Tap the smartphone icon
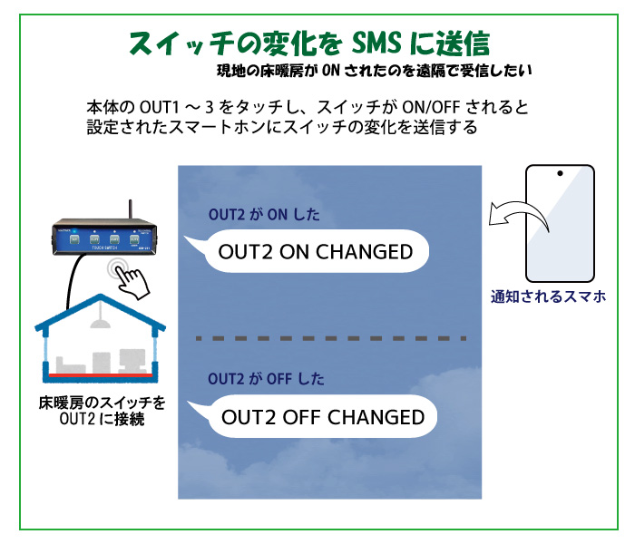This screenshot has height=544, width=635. (560, 221)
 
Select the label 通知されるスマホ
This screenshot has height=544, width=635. (548, 296)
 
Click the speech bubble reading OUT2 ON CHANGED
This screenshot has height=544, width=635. (314, 252)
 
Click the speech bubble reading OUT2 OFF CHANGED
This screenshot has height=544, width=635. (323, 417)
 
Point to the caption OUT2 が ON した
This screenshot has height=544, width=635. (264, 216)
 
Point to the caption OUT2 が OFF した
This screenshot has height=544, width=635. (267, 378)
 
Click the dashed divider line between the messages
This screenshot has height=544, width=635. (332, 337)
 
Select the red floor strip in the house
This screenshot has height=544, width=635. (100, 374)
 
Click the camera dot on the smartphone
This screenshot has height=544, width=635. (561, 173)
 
